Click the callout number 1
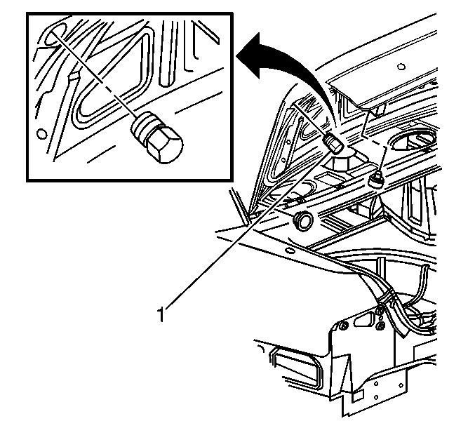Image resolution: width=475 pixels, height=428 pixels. [161, 314]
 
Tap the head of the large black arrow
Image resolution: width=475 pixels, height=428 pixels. [249, 56]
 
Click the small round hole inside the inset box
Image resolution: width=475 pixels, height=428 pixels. [41, 133]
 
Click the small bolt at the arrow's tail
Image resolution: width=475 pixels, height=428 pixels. [333, 143]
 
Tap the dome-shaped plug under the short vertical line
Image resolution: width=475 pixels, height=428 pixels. [375, 180]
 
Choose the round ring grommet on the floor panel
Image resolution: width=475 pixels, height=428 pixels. [303, 221]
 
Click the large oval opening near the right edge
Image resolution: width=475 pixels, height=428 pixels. [413, 141]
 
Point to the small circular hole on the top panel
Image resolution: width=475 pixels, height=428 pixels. [401, 67]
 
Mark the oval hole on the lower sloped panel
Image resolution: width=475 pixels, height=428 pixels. [290, 250]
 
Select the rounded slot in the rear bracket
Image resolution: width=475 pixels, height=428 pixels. [363, 320]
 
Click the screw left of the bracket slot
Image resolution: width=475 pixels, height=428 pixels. [344, 326]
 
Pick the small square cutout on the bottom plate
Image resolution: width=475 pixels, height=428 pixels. [358, 395]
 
